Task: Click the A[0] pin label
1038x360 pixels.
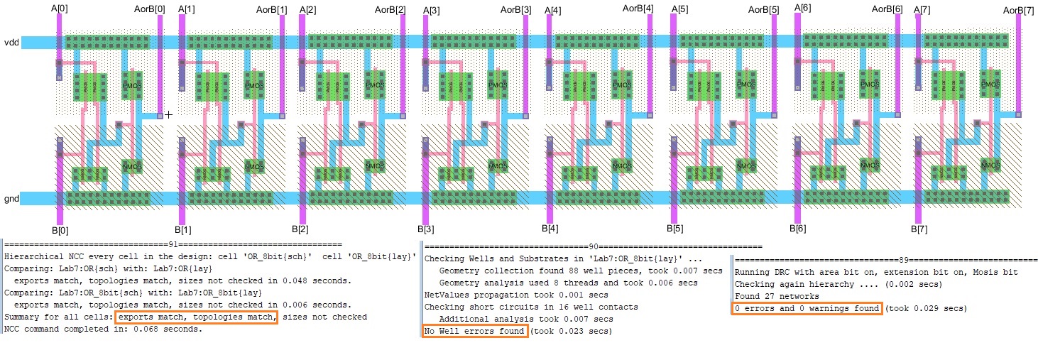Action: click(59, 8)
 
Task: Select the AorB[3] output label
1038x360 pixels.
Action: click(515, 10)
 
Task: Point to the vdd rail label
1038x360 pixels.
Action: click(11, 43)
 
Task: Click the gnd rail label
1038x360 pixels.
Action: click(11, 199)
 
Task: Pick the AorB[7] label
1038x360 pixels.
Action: click(1019, 9)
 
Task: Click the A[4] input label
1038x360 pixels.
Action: click(552, 10)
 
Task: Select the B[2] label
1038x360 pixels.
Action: click(300, 229)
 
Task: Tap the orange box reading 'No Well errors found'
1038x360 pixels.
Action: click(475, 332)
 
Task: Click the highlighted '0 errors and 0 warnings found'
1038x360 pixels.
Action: click(807, 308)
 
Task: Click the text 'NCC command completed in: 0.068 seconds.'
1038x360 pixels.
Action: click(103, 329)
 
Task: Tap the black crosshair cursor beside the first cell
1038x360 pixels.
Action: click(169, 114)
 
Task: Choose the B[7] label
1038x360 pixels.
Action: click(919, 229)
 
